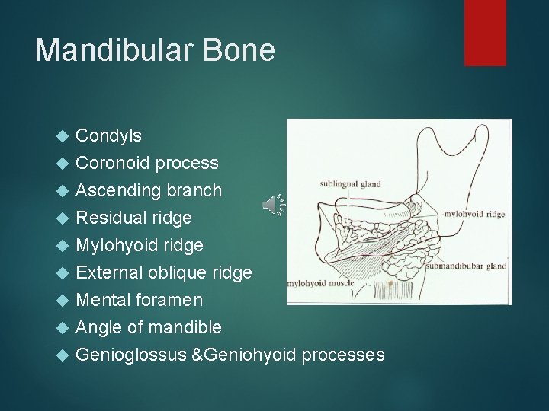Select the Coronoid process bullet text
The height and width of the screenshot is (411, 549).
(x=147, y=162)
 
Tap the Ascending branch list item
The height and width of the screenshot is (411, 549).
(x=149, y=190)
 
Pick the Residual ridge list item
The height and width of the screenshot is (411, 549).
(x=133, y=218)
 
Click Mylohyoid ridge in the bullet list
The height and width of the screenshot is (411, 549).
(x=140, y=245)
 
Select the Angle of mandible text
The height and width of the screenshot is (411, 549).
(x=149, y=327)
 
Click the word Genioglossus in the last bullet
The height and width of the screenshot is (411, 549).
(x=130, y=355)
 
